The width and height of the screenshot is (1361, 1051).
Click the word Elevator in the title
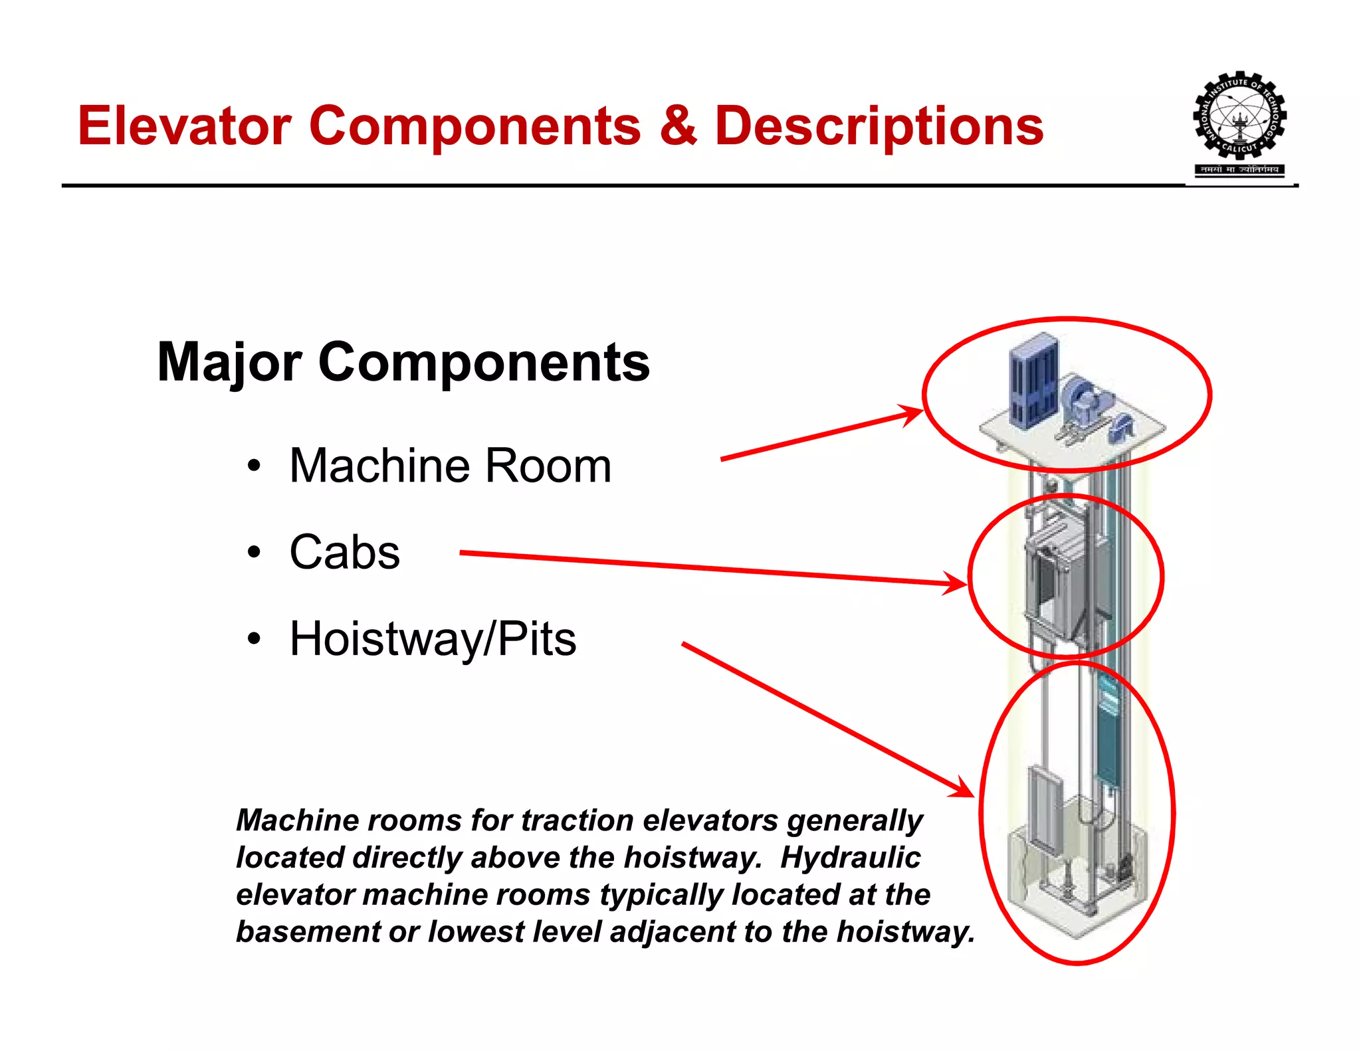(185, 126)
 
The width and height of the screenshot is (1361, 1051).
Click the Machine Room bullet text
(450, 466)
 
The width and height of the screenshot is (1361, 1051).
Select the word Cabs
(344, 553)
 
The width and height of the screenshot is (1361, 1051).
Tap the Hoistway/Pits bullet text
(433, 639)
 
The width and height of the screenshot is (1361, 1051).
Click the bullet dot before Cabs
(253, 553)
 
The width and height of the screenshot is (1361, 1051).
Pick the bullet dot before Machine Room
(253, 466)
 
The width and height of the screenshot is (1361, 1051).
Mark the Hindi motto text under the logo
(1239, 170)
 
